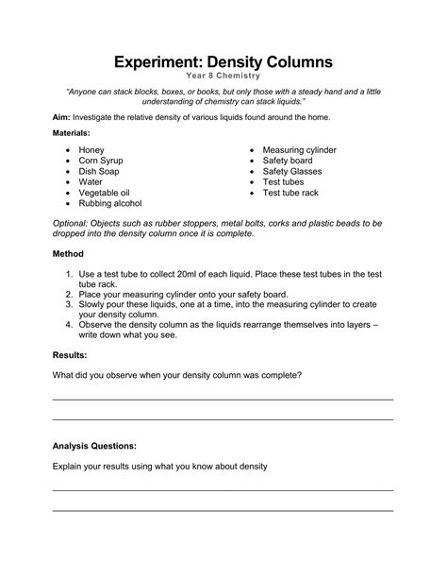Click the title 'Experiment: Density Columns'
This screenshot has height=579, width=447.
click(223, 62)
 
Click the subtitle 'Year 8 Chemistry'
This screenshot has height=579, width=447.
click(223, 77)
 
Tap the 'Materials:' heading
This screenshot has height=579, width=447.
click(72, 134)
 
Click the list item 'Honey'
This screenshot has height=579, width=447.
click(91, 150)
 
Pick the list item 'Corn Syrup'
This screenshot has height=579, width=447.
click(101, 161)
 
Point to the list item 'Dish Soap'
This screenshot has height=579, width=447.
click(99, 171)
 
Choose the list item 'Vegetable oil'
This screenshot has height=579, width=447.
click(104, 193)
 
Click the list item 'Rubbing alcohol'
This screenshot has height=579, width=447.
click(110, 203)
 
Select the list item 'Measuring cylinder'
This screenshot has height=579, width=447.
click(299, 150)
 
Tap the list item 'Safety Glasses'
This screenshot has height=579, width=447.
click(292, 171)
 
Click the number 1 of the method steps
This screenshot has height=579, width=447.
click(70, 274)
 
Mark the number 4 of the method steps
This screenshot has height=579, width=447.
click(70, 323)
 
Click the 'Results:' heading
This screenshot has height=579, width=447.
click(70, 355)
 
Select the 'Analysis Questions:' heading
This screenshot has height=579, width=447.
click(94, 445)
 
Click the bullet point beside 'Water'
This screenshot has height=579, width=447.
click(69, 182)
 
